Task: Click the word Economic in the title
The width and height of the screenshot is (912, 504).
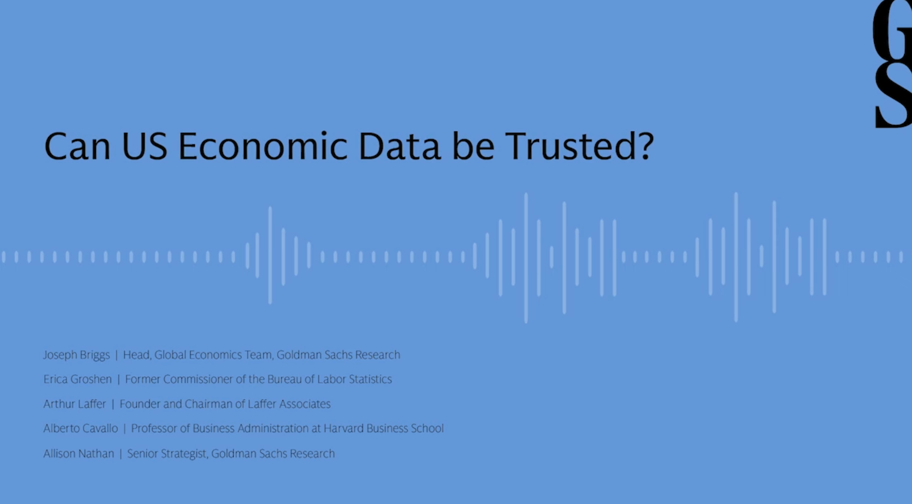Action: click(x=262, y=146)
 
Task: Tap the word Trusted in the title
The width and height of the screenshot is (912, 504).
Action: click(x=572, y=146)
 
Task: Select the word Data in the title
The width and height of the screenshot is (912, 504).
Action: click(x=399, y=146)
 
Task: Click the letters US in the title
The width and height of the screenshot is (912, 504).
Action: click(x=145, y=146)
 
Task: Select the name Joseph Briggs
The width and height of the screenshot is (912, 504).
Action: click(x=77, y=355)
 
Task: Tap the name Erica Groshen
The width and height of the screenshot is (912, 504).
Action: click(x=77, y=379)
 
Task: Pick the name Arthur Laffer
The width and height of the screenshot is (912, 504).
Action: click(x=74, y=404)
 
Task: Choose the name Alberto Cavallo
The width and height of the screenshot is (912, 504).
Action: click(x=80, y=429)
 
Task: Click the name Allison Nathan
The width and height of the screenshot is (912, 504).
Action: click(x=79, y=454)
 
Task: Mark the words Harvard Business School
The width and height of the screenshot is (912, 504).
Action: click(x=384, y=429)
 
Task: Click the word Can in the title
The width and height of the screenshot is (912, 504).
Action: click(x=77, y=146)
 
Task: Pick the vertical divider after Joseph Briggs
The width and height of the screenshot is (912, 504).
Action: click(x=116, y=355)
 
